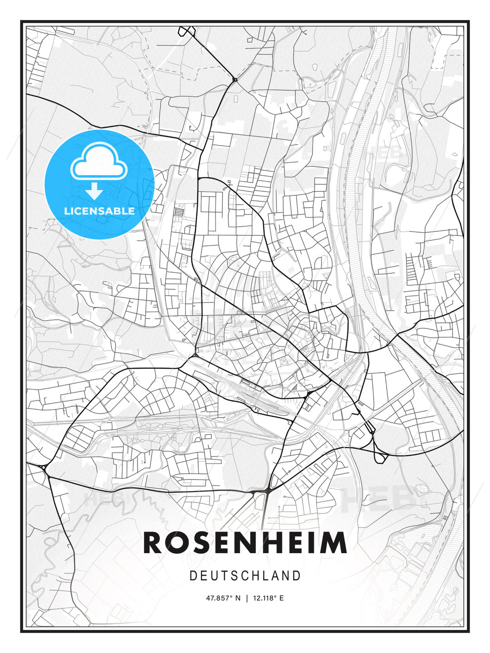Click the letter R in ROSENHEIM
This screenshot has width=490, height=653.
tap(153, 543)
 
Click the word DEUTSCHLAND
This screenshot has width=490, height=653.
tap(245, 576)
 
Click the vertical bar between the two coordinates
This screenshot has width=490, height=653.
tap(247, 598)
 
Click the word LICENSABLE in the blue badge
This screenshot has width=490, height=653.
tap(99, 211)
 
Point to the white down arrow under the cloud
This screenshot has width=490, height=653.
tap(94, 191)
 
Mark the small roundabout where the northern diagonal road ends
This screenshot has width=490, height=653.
tap(235, 80)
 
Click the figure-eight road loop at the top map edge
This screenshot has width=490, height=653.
tap(186, 31)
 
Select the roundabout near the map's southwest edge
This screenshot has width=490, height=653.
tap(44, 468)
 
